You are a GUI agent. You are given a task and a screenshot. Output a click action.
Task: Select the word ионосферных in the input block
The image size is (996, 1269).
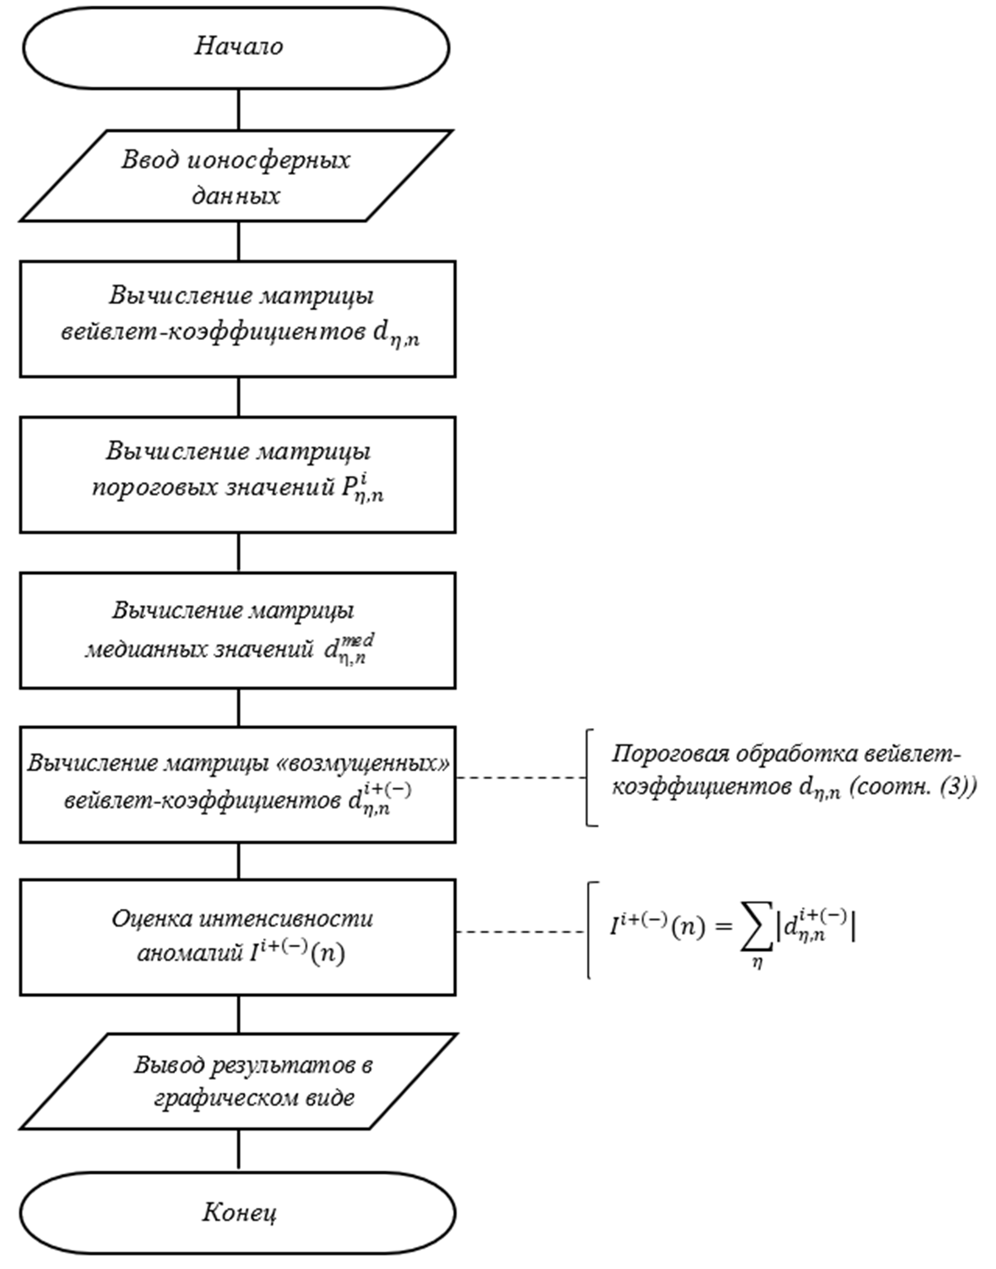pyautogui.click(x=269, y=160)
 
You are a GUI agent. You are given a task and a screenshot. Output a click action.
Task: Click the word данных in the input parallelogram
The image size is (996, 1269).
pyautogui.click(x=236, y=196)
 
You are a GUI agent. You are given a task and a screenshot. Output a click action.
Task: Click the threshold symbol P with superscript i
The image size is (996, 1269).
pyautogui.click(x=362, y=489)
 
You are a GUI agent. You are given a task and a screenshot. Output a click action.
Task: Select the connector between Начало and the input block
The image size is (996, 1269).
pyautogui.click(x=239, y=110)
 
